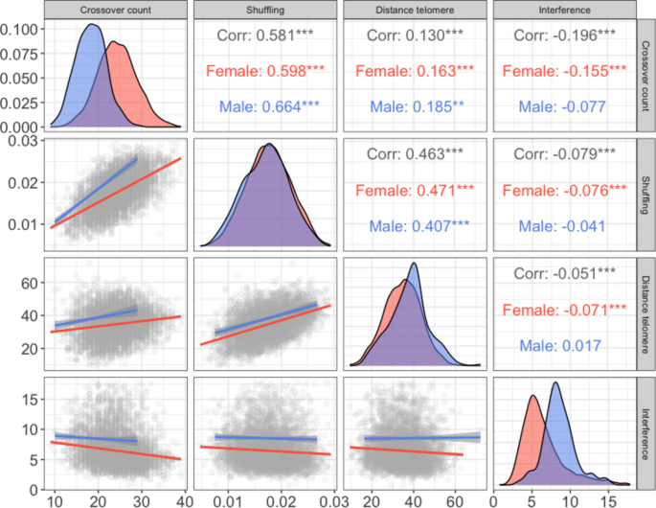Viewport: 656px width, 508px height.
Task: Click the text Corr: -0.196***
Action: tap(564, 35)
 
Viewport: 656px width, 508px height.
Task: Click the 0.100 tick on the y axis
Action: tap(21, 28)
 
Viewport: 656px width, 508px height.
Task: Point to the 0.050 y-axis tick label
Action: tap(21, 77)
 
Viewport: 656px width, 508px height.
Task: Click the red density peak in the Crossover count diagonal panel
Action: tap(113, 42)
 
